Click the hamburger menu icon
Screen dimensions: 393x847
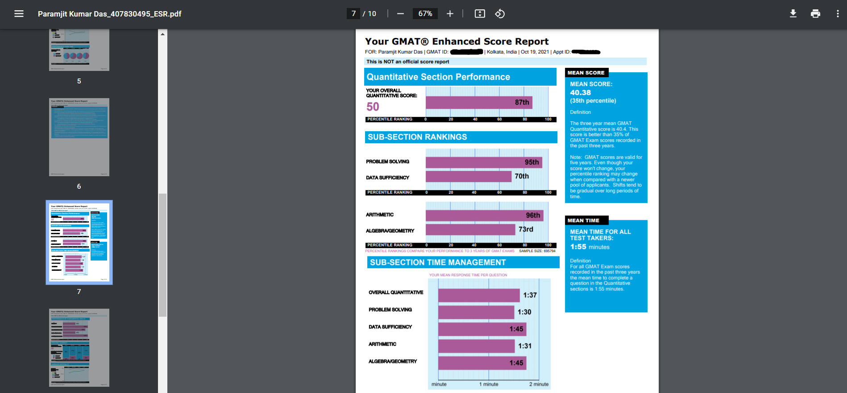[x=19, y=14]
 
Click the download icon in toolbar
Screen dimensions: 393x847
[x=793, y=14]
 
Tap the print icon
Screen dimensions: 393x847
[x=815, y=14]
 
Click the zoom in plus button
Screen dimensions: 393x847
[x=450, y=14]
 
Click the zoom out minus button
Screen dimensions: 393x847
[x=400, y=14]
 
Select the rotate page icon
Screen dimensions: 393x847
[x=500, y=14]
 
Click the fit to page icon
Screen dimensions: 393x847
[x=480, y=14]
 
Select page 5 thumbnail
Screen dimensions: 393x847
[x=79, y=50]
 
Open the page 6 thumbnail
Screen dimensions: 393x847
[x=79, y=137]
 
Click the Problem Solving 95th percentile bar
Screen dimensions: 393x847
[x=484, y=162]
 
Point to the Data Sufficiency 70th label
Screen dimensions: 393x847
[x=522, y=176]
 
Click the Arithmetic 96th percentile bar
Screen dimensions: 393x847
[x=484, y=215]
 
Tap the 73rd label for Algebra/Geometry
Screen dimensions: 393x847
[x=526, y=229]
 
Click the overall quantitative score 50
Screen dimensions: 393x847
[x=373, y=107]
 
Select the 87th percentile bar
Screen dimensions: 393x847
[x=478, y=103]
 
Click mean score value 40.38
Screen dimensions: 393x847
[x=580, y=93]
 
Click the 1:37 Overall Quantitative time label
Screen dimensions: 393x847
[x=530, y=295]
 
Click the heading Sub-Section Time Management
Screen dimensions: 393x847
[x=438, y=262]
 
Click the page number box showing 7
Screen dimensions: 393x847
[x=353, y=14]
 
